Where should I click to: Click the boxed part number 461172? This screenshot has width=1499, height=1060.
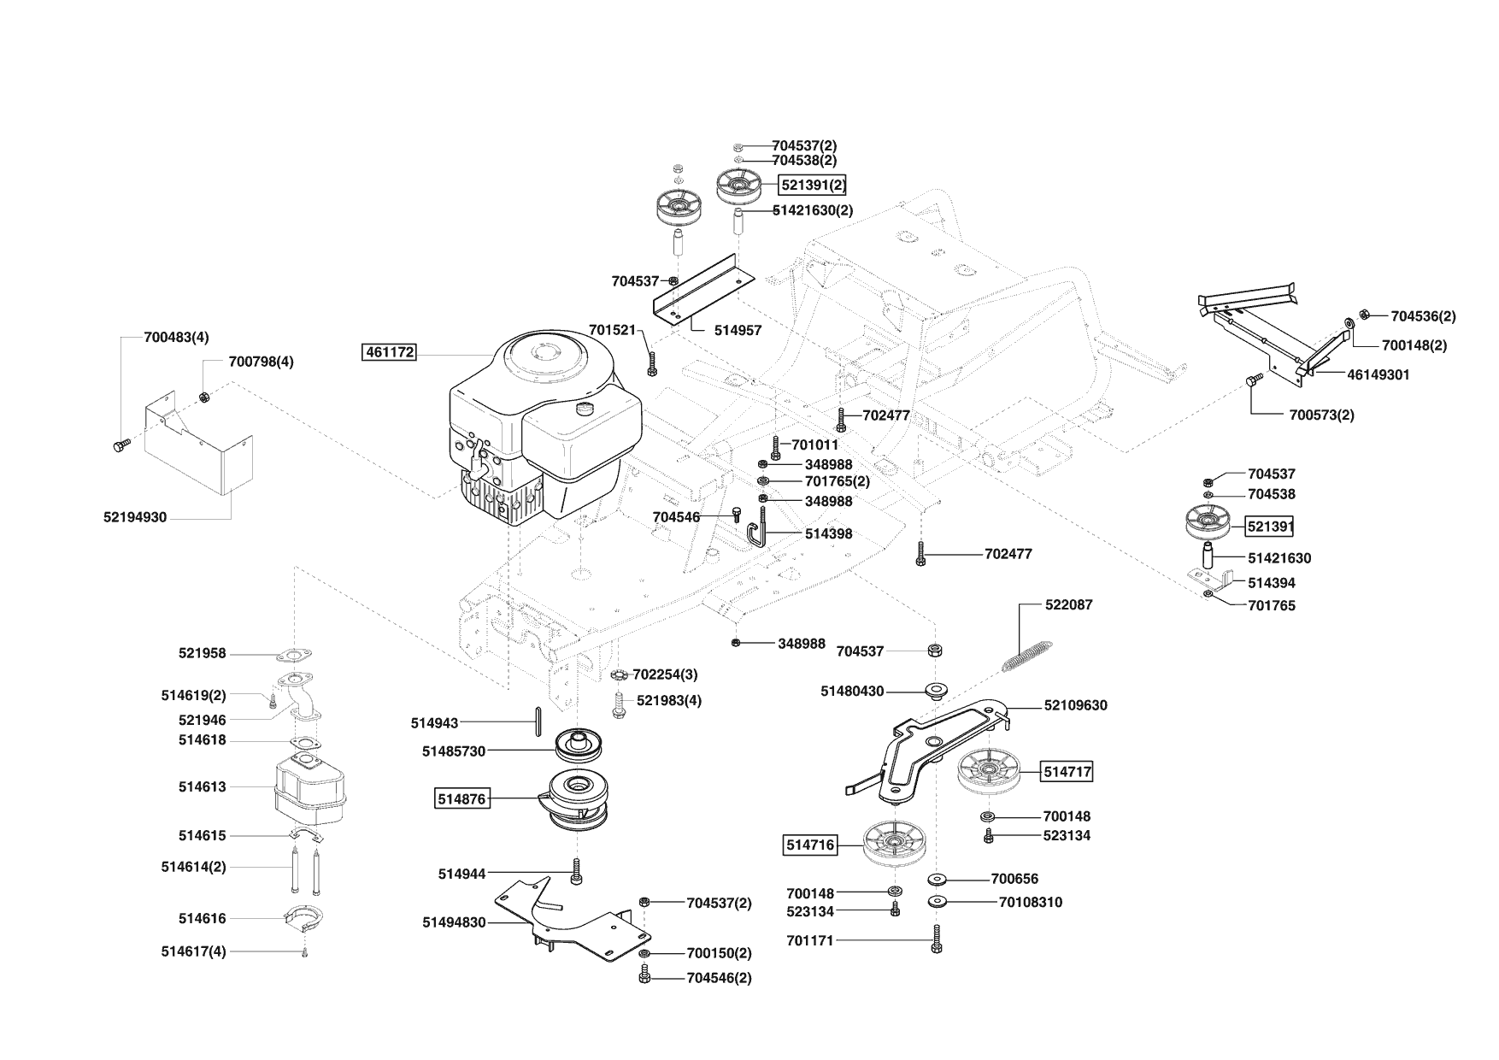click(x=390, y=351)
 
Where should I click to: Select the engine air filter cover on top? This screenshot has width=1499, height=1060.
click(x=540, y=355)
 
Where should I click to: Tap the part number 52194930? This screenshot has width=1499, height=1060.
click(x=135, y=517)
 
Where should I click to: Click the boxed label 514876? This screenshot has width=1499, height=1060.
click(x=461, y=799)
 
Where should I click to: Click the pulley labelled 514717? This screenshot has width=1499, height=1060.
click(x=990, y=772)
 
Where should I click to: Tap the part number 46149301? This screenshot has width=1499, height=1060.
click(x=1378, y=374)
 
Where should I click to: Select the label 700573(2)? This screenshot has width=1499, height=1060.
click(x=1321, y=415)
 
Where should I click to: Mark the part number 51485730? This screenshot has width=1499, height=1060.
click(x=453, y=751)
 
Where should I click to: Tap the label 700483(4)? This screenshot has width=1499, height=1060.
click(x=176, y=337)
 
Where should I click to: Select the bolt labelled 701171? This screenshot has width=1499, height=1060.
click(x=937, y=939)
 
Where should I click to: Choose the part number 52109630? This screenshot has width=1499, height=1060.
click(x=1075, y=705)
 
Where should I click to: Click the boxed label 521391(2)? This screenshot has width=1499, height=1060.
click(x=813, y=185)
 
